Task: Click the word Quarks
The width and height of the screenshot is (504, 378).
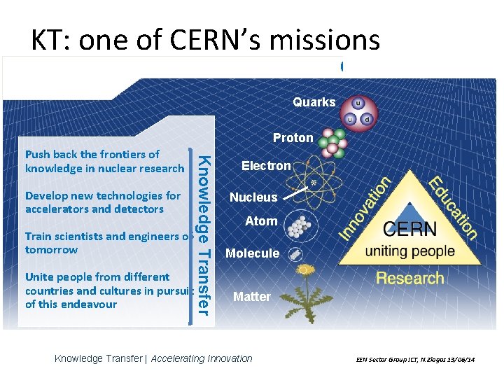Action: [314, 102]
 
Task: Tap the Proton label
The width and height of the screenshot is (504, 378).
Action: [293, 138]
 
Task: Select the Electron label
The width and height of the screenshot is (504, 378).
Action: [265, 166]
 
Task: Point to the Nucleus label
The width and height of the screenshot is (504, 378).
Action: [253, 197]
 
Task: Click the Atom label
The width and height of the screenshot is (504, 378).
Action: [261, 221]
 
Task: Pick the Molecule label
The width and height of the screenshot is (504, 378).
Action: [252, 253]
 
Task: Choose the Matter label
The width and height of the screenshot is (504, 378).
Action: [251, 297]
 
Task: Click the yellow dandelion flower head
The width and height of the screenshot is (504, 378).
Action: [304, 269]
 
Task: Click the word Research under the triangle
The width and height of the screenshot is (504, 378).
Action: [409, 278]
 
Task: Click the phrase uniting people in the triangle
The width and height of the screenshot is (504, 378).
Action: [410, 251]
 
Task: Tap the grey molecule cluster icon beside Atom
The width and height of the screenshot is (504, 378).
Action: [299, 225]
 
